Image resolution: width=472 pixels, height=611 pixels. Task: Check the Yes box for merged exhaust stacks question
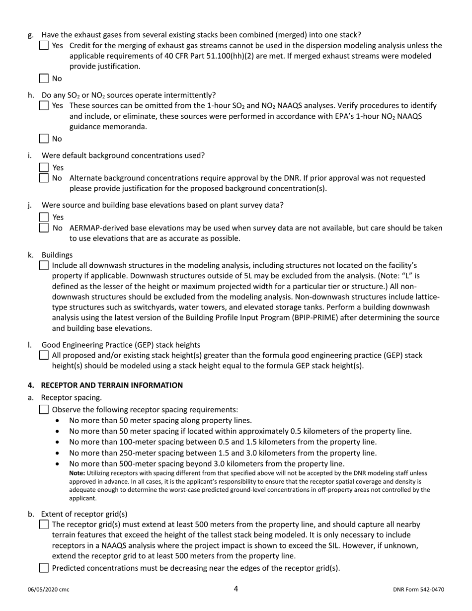pyautogui.click(x=44, y=46)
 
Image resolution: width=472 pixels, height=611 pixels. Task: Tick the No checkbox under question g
pyautogui.click(x=44, y=78)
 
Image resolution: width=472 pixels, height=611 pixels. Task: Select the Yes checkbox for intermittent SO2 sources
pyautogui.click(x=44, y=106)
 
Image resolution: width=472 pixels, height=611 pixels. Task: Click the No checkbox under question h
pyautogui.click(x=44, y=139)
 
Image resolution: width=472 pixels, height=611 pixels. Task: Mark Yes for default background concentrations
pyautogui.click(x=44, y=168)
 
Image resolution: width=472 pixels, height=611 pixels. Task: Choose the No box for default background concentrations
pyautogui.click(x=44, y=178)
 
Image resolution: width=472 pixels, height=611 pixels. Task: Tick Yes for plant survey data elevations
pyautogui.click(x=44, y=217)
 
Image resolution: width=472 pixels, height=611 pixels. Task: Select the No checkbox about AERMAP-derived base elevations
pyautogui.click(x=44, y=228)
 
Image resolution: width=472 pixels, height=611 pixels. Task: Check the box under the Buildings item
pyautogui.click(x=44, y=266)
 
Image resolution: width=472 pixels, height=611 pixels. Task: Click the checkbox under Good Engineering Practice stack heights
pyautogui.click(x=44, y=355)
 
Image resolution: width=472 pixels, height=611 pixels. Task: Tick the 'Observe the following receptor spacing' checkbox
pyautogui.click(x=44, y=410)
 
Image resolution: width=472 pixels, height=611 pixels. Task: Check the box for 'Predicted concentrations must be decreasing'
pyautogui.click(x=44, y=568)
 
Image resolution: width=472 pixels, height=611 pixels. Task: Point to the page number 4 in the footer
pyautogui.click(x=236, y=589)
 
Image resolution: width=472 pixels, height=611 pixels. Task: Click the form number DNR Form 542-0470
pyautogui.click(x=418, y=590)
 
